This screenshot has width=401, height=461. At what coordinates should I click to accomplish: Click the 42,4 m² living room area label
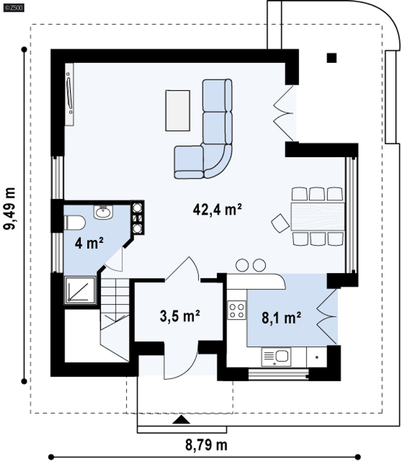pyautogui.click(x=217, y=210)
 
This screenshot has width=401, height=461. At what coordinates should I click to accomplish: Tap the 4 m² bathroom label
pyautogui.click(x=89, y=243)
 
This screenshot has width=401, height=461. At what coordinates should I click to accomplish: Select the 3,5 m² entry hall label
pyautogui.click(x=180, y=316)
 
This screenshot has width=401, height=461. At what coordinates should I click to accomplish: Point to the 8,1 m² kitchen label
pyautogui.click(x=281, y=318)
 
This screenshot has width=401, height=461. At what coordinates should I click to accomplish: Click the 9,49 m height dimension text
pyautogui.click(x=9, y=209)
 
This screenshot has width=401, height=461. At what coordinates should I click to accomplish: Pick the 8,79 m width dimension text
pyautogui.click(x=206, y=445)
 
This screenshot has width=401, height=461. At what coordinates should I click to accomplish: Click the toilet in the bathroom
pyautogui.click(x=74, y=223)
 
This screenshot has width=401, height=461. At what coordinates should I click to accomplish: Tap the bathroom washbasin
pyautogui.click(x=103, y=212)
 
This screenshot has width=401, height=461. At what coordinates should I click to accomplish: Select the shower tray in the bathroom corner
pyautogui.click(x=80, y=290)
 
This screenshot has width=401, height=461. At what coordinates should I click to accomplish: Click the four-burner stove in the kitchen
pyautogui.click(x=237, y=310)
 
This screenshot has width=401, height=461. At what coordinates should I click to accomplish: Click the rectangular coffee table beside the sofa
pyautogui.click(x=178, y=110)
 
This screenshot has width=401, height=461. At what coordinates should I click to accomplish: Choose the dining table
pyautogui.click(x=317, y=217)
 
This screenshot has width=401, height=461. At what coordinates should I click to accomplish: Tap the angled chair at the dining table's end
pyautogui.click(x=280, y=223)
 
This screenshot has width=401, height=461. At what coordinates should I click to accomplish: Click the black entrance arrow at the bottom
pyautogui.click(x=181, y=420)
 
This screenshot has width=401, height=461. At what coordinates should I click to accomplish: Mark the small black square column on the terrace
pyautogui.click(x=332, y=58)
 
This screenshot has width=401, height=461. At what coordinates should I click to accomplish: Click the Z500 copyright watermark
pyautogui.click(x=14, y=8)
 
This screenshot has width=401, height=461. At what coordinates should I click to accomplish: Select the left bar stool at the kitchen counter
pyautogui.click(x=242, y=265)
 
